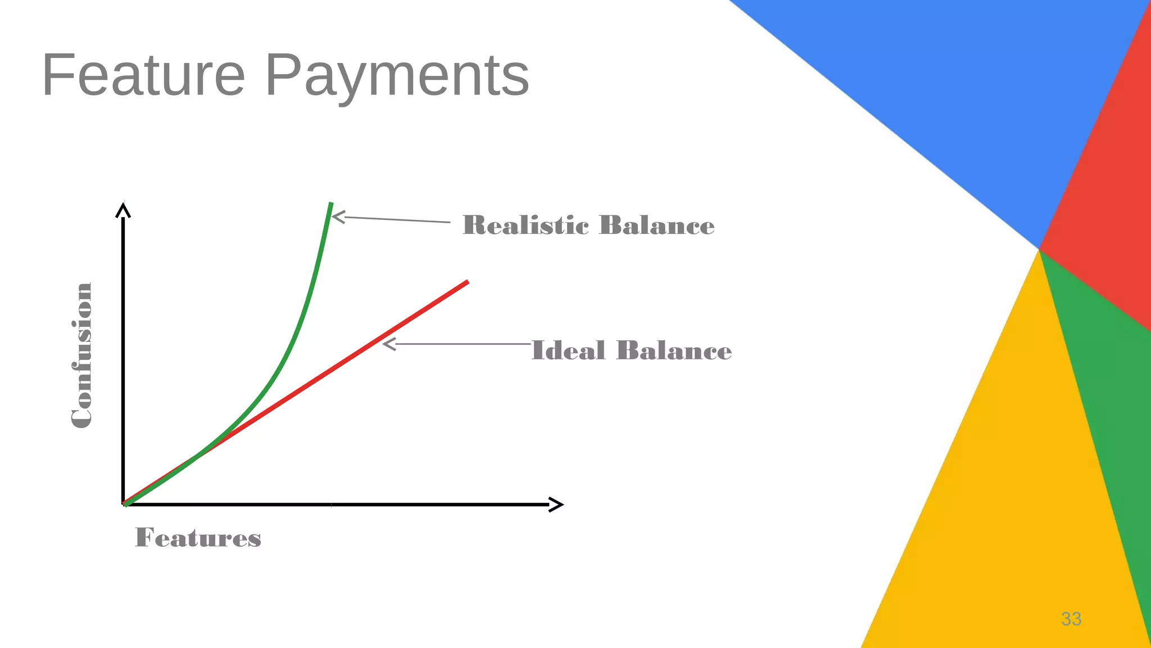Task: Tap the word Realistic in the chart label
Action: (x=525, y=225)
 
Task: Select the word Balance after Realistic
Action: (x=657, y=225)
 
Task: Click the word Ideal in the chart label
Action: (x=568, y=350)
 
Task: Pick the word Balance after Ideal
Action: (x=674, y=350)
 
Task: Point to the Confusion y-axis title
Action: (x=82, y=355)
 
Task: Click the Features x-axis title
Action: (x=198, y=538)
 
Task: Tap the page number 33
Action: (x=1071, y=619)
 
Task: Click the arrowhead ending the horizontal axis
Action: (x=556, y=505)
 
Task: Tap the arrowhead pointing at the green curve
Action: (x=337, y=216)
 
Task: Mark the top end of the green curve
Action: (x=331, y=204)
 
